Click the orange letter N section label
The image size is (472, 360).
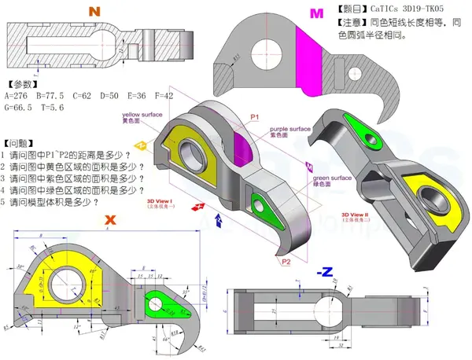(95, 12)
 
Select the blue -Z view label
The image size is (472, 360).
(323, 271)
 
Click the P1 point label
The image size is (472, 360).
(254, 116)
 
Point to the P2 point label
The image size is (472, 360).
(286, 261)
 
